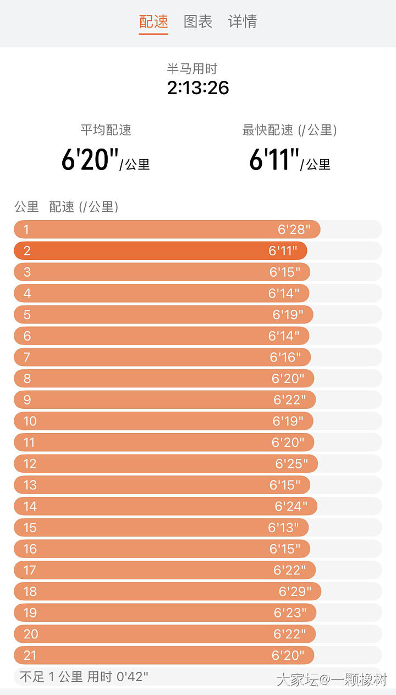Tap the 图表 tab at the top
(198, 21)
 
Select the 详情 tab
(243, 21)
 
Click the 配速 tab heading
(153, 21)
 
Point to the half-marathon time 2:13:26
(198, 88)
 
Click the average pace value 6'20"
(90, 160)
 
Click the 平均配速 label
(106, 130)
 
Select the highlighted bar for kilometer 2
(159, 251)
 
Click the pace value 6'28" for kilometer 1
(294, 229)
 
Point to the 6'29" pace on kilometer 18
(295, 592)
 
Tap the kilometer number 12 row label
(30, 464)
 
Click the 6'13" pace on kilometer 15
(284, 528)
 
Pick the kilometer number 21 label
(30, 655)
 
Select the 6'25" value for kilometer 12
(292, 464)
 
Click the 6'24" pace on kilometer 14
(291, 506)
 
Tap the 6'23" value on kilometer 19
(290, 612)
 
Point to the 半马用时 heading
(192, 69)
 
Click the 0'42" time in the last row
(132, 676)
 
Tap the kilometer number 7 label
(26, 358)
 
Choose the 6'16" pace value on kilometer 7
(285, 358)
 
